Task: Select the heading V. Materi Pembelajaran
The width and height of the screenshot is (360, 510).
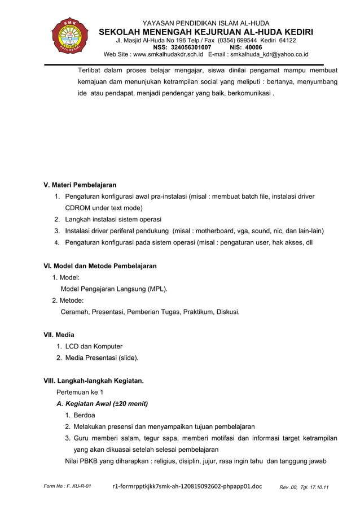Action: (80, 185)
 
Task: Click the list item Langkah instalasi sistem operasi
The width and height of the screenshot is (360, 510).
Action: (113, 219)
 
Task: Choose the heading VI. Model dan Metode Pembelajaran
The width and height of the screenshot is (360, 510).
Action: (100, 265)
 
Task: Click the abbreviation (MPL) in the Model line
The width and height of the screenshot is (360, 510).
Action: (157, 289)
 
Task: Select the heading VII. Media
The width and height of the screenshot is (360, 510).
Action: (59, 335)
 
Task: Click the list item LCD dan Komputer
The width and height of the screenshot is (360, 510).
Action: (94, 346)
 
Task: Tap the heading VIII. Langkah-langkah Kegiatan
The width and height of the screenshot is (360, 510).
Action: (94, 381)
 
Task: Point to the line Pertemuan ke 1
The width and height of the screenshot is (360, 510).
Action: (80, 392)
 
